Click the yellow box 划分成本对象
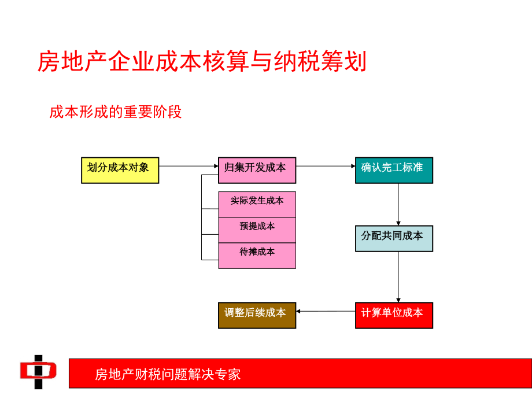tap(120, 170)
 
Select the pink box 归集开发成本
tap(257, 170)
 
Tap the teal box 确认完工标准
tap(394, 170)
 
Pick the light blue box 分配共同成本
tap(394, 238)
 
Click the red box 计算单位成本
tap(394, 315)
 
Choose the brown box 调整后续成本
tap(257, 315)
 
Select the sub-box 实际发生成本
tap(257, 204)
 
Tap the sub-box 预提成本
tap(257, 230)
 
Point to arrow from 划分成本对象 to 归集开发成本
tap(188, 167)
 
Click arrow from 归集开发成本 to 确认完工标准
tap(325, 167)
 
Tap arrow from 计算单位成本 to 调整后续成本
tap(325, 311)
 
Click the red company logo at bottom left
tap(38, 372)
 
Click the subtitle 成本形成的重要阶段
tap(116, 112)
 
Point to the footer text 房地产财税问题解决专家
tap(168, 374)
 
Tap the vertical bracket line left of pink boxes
tap(201, 217)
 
